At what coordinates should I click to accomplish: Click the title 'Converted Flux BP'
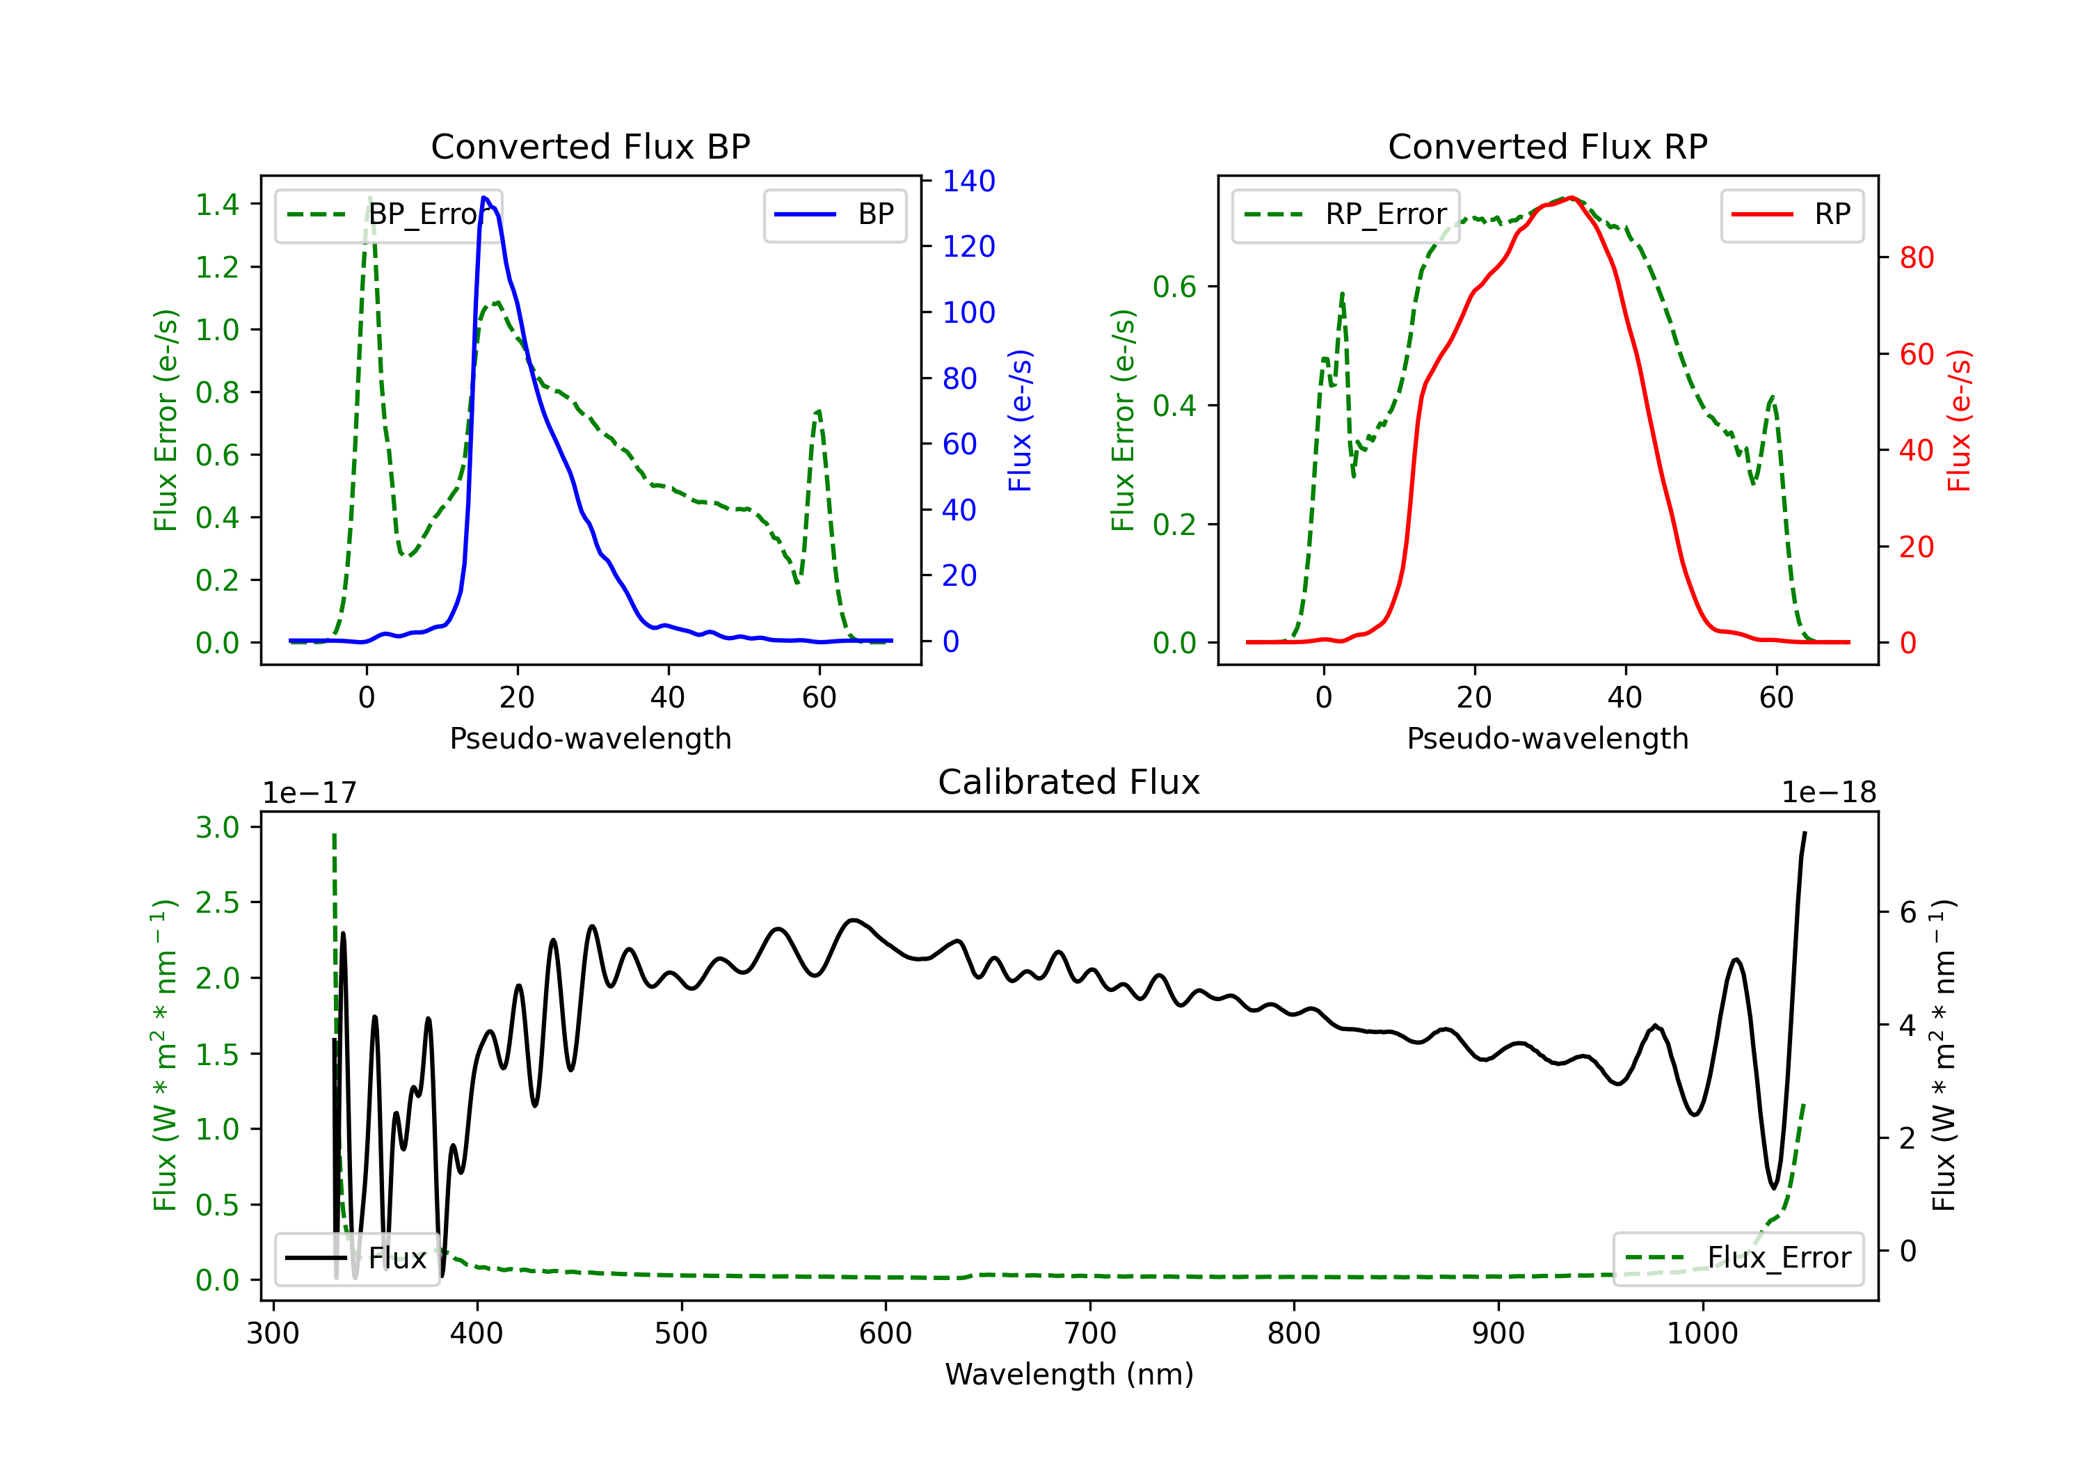coord(590,146)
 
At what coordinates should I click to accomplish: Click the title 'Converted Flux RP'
coord(1547,146)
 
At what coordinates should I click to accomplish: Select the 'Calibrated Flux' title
coord(1069,782)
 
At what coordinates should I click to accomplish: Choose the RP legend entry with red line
coord(1791,214)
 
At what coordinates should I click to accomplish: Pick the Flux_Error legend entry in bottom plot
coord(1738,1259)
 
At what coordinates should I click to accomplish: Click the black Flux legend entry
coord(355,1259)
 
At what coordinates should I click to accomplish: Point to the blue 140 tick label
coord(969,181)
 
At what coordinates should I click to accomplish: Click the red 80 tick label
coord(1917,257)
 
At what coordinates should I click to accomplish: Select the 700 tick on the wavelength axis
coord(1090,1334)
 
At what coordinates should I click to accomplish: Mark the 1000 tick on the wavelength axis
coord(1702,1334)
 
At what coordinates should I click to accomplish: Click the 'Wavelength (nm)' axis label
coord(1069,1374)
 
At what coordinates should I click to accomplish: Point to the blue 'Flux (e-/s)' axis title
coord(1021,420)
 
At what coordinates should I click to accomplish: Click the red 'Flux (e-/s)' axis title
coord(1959,420)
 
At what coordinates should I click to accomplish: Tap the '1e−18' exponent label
coord(1829,793)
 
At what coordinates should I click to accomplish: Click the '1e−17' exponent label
coord(310,793)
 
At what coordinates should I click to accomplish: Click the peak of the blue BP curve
coord(484,198)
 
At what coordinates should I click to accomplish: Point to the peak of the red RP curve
coord(1571,198)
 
